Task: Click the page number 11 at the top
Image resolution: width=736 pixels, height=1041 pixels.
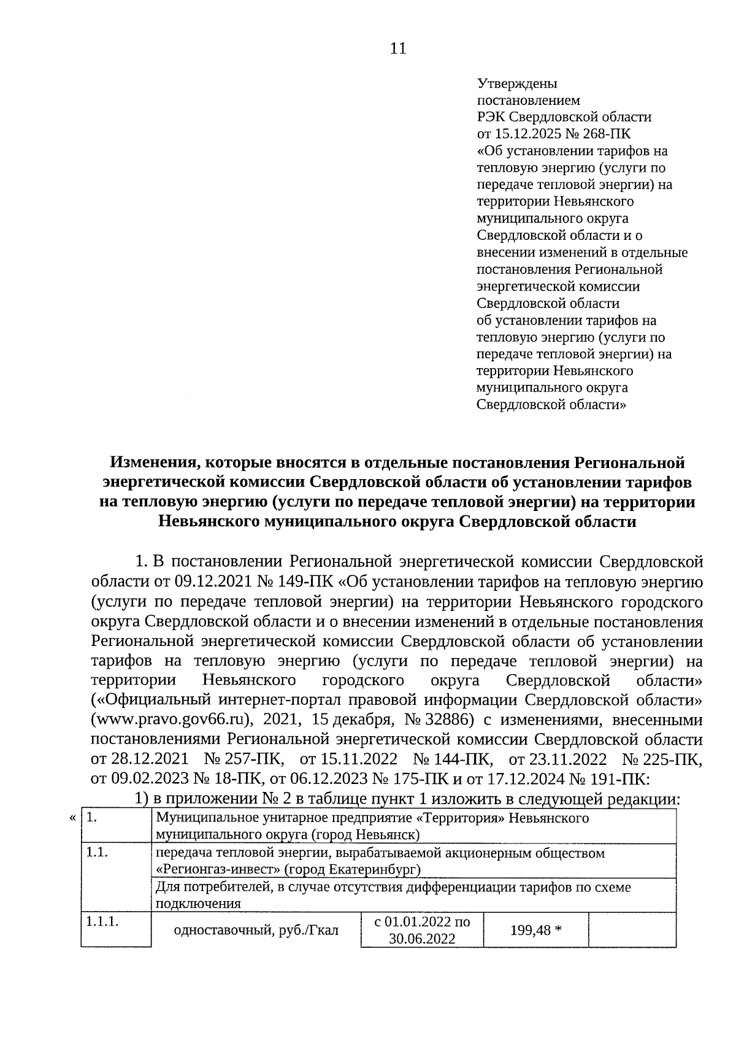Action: tap(398, 49)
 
